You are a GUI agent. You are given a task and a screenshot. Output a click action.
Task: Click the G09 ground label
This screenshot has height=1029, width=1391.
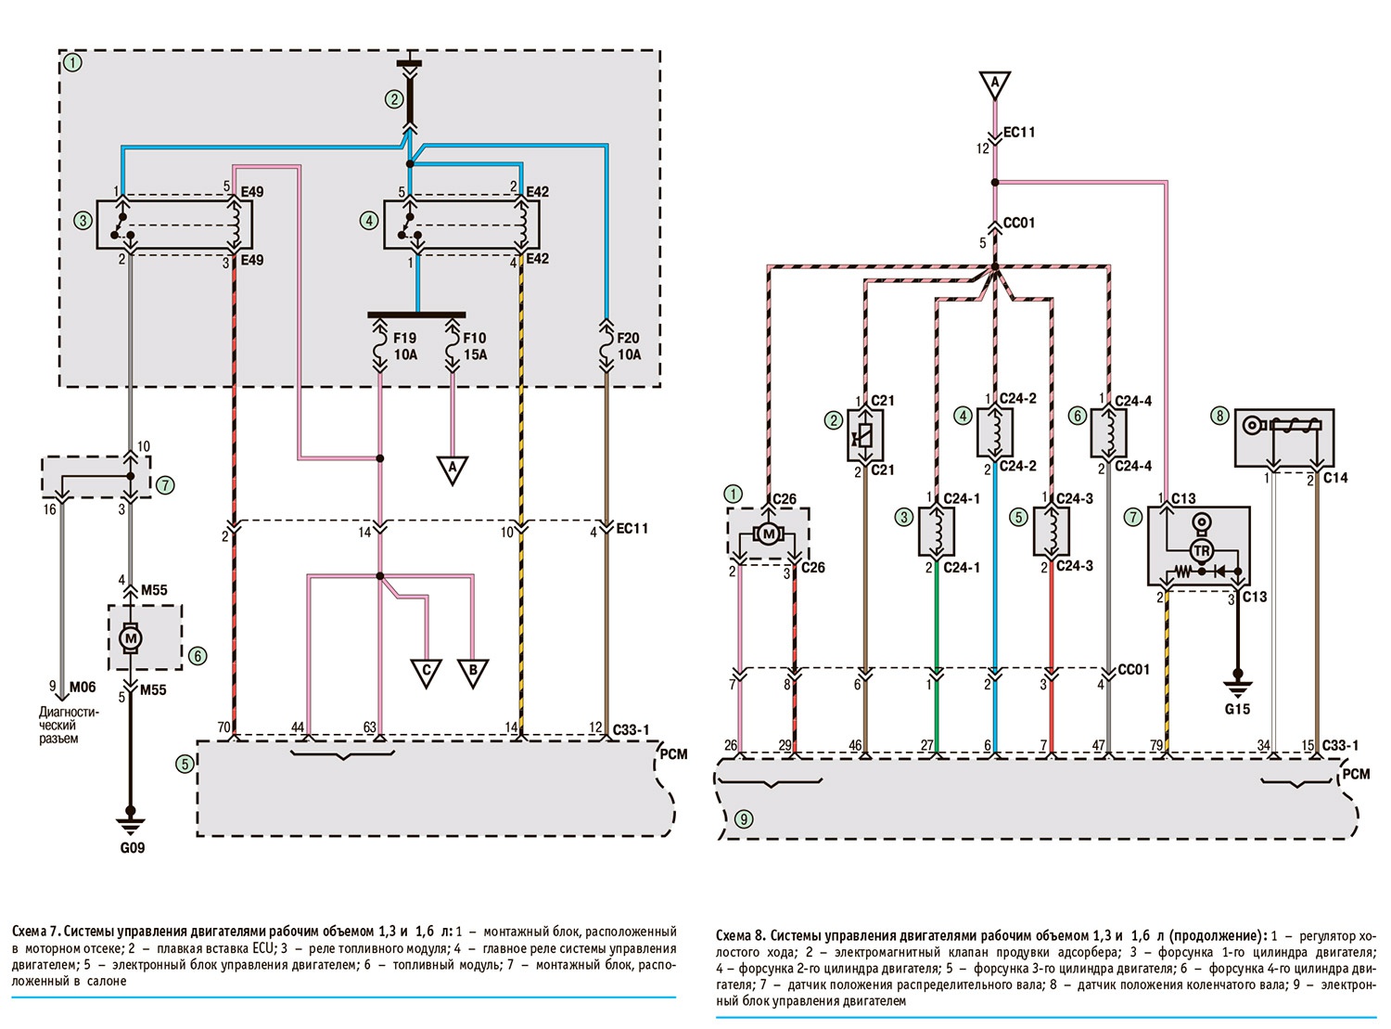[x=132, y=847]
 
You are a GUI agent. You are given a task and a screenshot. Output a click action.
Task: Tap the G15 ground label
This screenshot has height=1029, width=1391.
[x=1237, y=709]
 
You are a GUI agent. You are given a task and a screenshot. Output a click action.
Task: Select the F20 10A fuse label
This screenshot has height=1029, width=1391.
[x=629, y=347]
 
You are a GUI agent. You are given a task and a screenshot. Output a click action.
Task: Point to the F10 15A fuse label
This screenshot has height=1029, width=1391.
[x=475, y=347]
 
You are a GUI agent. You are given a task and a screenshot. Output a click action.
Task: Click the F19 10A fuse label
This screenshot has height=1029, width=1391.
[x=404, y=347]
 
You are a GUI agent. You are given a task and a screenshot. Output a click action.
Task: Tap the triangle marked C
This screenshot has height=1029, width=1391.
[x=427, y=672]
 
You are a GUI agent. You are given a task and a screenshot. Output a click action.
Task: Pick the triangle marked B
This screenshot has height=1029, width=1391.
[x=473, y=672]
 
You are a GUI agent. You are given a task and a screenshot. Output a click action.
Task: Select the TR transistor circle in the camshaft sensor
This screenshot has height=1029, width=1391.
[x=1202, y=551]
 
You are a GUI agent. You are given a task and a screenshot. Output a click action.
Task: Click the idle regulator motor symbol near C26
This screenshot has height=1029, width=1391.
[x=768, y=534]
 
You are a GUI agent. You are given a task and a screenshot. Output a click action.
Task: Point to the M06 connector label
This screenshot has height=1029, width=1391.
[x=83, y=688]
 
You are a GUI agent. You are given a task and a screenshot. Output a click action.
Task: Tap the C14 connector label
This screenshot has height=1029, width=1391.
[x=1334, y=478]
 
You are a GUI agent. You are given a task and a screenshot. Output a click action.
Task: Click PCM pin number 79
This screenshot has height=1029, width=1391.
[x=1155, y=744]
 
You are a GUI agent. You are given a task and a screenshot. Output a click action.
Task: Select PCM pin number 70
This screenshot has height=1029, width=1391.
[x=223, y=727]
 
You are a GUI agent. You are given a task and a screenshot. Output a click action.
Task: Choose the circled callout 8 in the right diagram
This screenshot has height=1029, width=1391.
[x=1220, y=417]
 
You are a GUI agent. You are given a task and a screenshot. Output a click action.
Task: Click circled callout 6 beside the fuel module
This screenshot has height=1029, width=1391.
[x=198, y=656]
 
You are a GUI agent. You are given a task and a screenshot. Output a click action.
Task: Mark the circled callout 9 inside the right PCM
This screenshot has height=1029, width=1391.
[x=744, y=819]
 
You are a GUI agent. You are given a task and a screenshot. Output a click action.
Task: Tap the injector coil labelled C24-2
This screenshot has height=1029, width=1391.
[x=995, y=432]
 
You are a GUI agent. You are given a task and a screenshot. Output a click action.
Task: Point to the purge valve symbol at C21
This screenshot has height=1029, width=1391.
[x=865, y=433]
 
